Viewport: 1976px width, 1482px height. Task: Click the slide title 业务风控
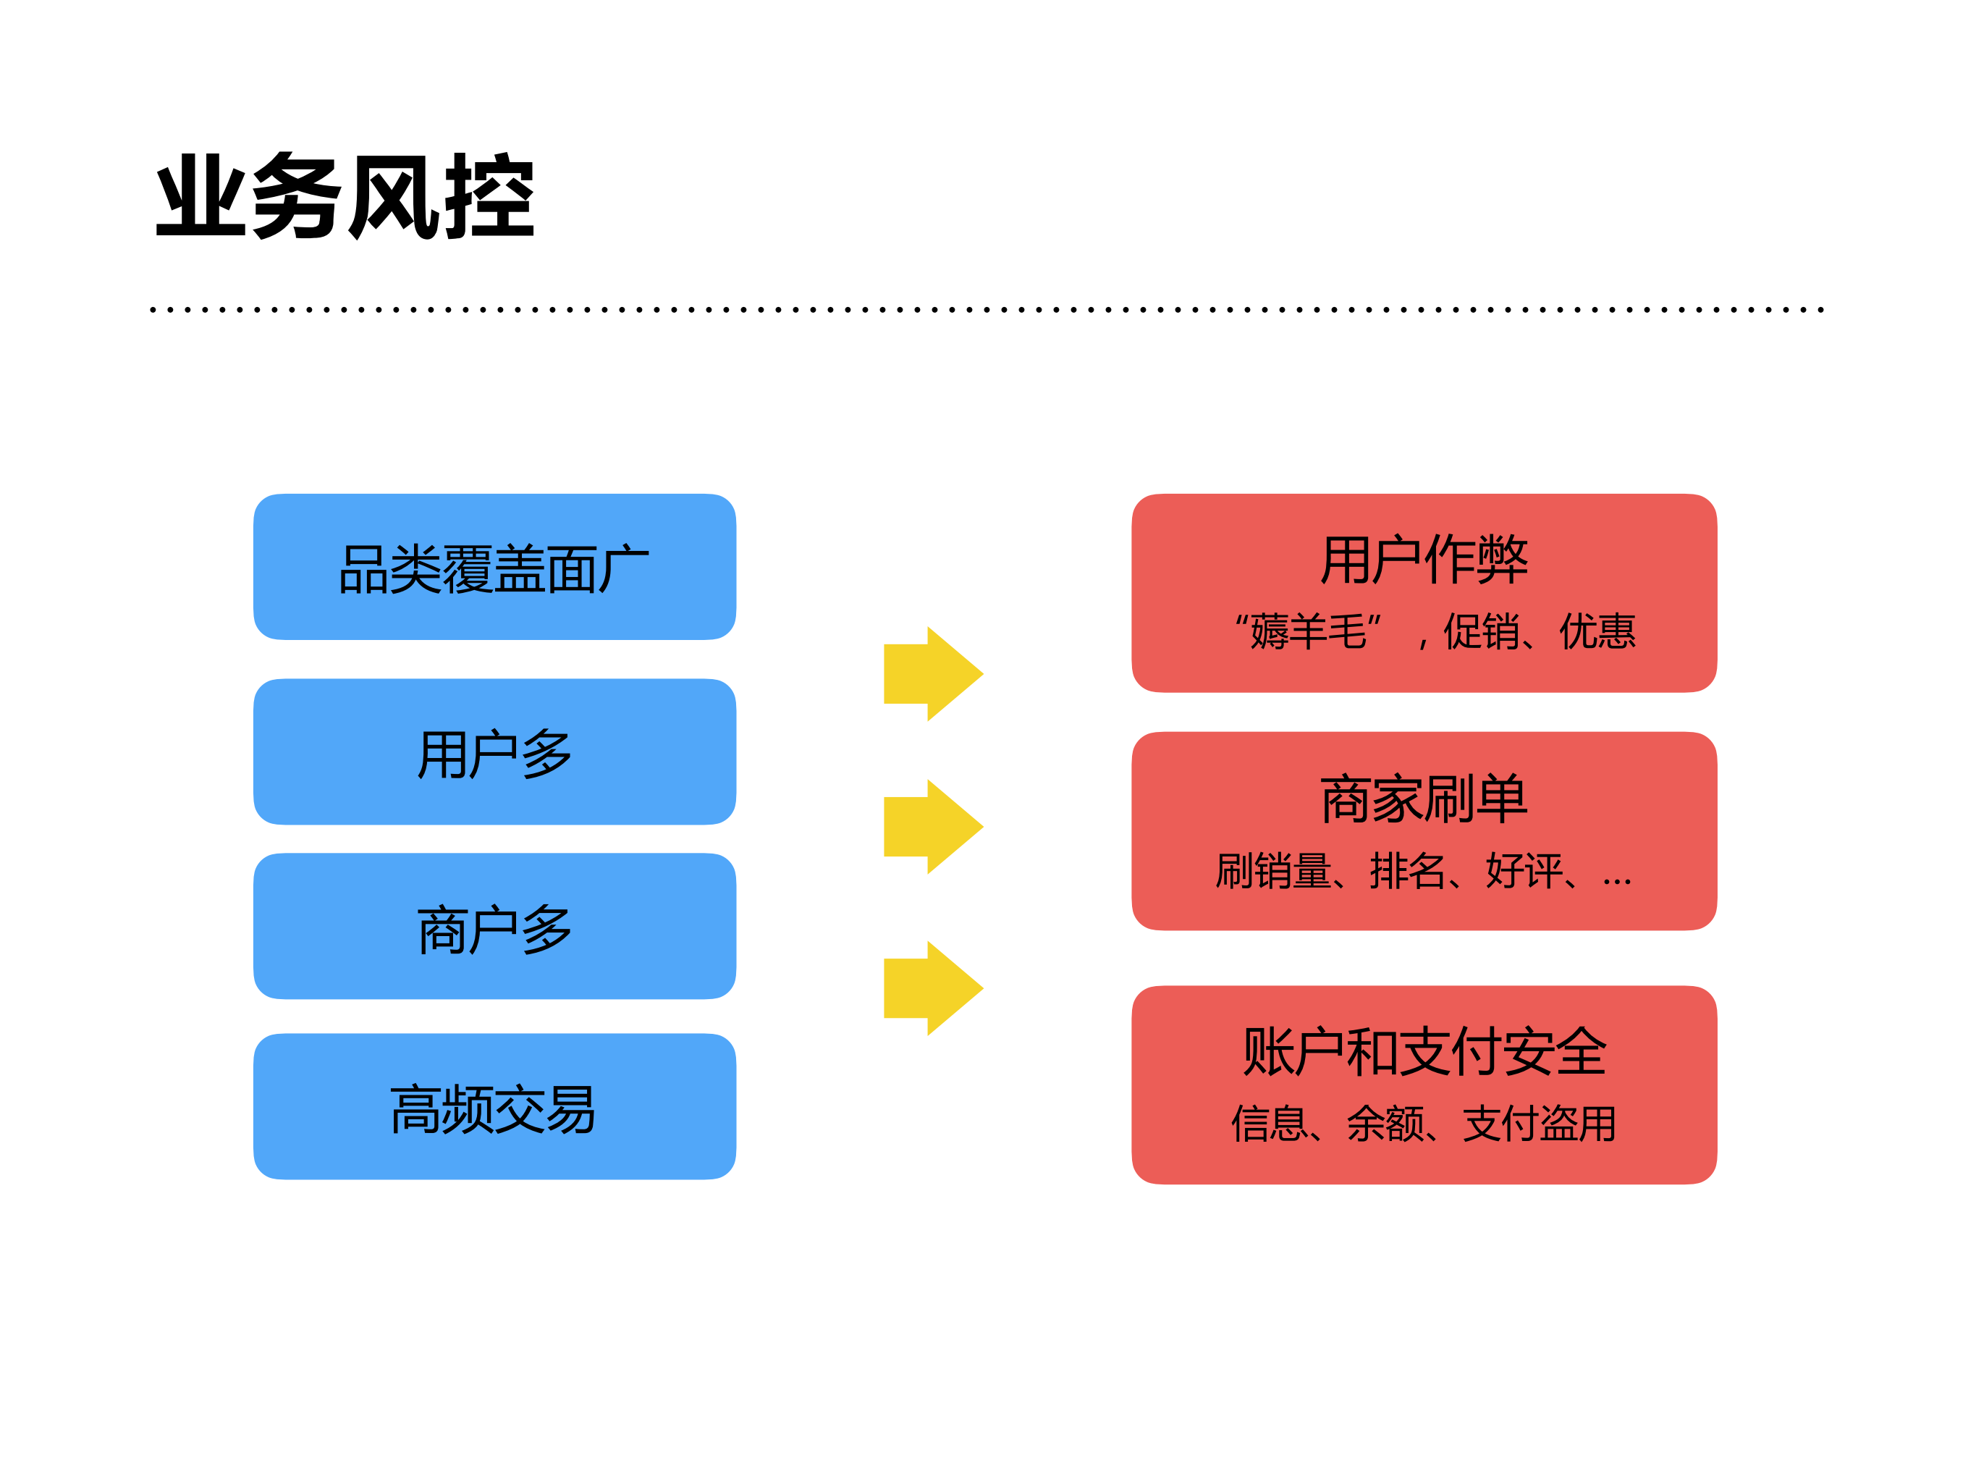point(345,195)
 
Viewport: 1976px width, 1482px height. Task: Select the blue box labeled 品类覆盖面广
point(494,568)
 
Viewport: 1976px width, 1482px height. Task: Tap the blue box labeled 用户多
point(494,752)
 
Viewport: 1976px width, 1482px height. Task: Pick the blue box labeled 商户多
point(494,927)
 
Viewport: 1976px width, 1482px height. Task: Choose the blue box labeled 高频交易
point(494,1108)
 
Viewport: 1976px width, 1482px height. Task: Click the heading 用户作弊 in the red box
point(1424,560)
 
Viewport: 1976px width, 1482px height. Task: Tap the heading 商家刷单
point(1424,799)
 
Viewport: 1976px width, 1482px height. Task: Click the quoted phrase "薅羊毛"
point(1308,631)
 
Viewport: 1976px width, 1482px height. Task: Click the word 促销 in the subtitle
point(1482,631)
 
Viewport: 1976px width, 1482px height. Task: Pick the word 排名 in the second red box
point(1407,871)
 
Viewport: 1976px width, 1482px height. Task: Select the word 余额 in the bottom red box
point(1385,1123)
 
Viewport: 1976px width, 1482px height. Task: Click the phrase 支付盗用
point(1539,1123)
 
